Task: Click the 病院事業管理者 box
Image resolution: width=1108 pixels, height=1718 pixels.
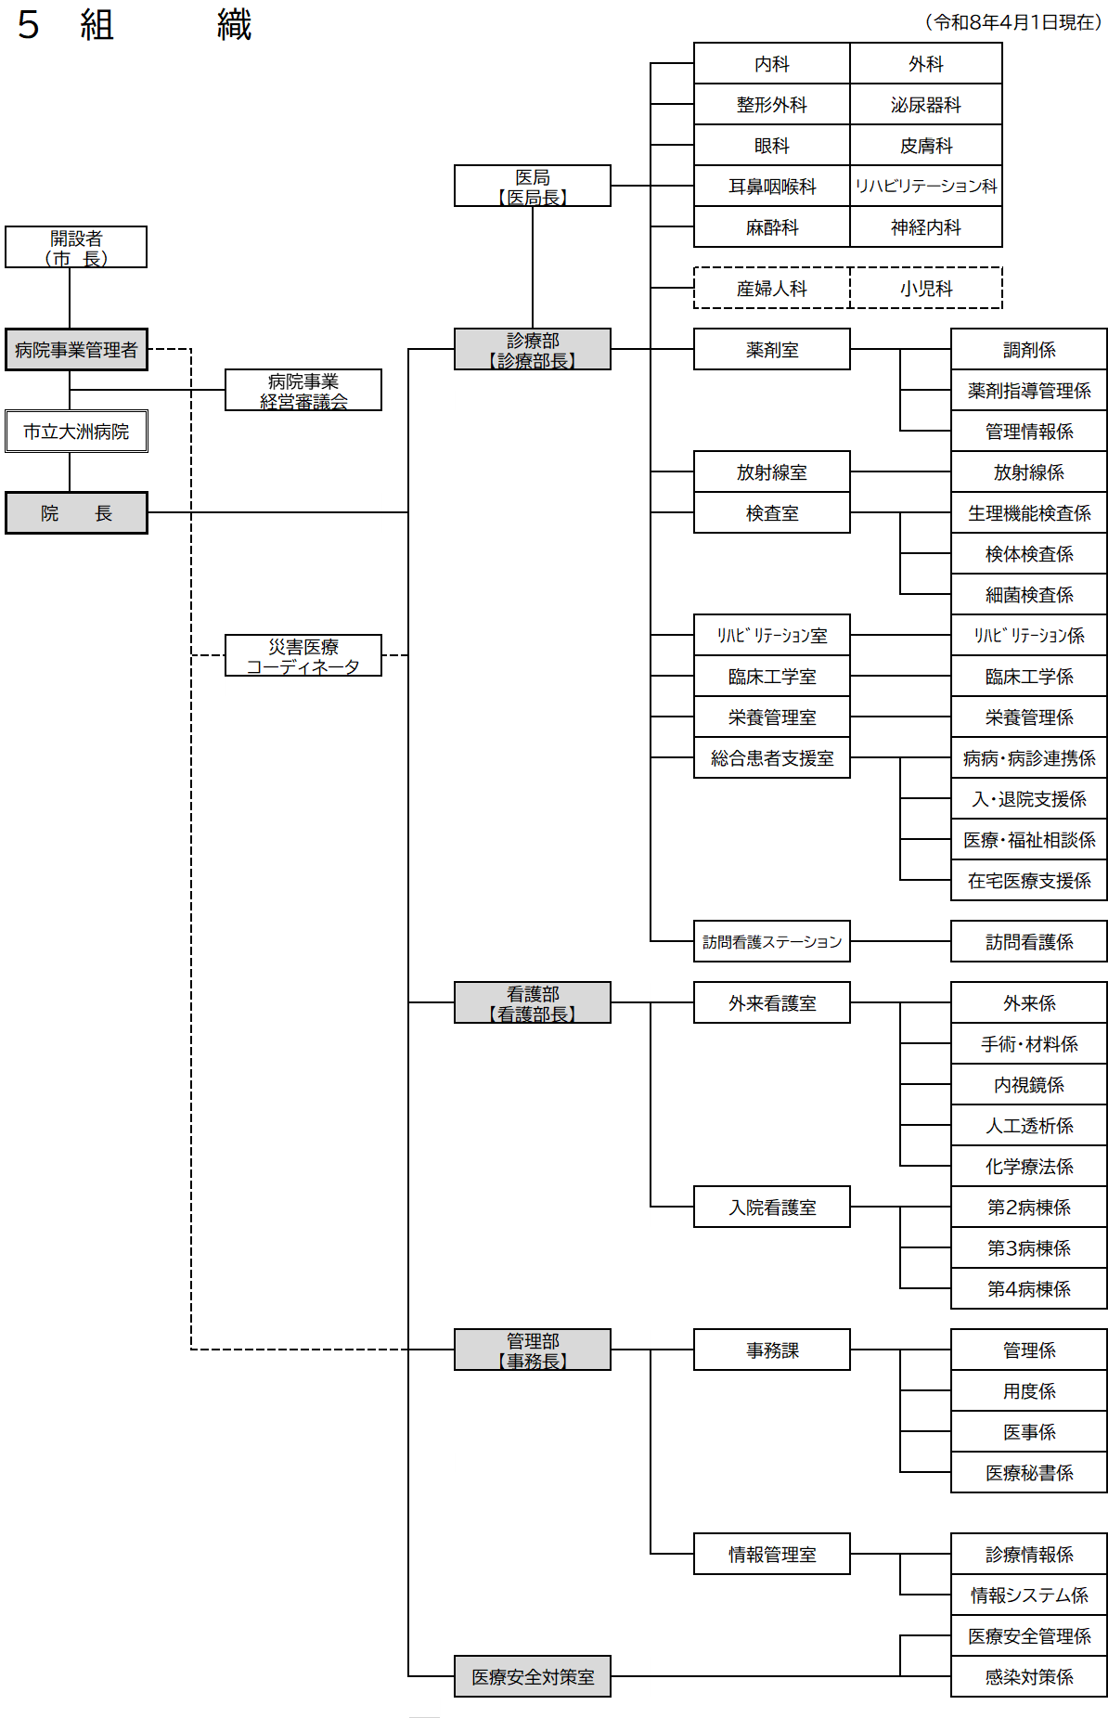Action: coord(76,349)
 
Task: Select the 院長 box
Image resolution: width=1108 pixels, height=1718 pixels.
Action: coord(76,512)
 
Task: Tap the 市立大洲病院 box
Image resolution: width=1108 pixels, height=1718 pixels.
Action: coord(76,431)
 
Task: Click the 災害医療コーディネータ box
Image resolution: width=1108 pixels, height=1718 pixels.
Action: coord(303,655)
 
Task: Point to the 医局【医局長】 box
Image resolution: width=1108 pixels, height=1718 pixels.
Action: coord(533,186)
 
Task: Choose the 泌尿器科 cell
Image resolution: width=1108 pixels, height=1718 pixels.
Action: coord(926,104)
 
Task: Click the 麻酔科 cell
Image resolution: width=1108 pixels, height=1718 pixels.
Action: coord(772,226)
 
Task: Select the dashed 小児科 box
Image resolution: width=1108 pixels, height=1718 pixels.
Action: coord(926,288)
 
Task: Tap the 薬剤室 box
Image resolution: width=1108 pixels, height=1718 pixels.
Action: coord(772,349)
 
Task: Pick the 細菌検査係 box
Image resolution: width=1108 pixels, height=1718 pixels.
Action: coord(1029,594)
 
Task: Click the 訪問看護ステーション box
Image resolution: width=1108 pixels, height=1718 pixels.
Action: coord(772,941)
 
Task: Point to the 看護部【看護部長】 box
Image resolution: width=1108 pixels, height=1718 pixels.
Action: coord(533,1002)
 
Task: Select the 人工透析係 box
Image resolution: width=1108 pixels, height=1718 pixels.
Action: coord(1029,1125)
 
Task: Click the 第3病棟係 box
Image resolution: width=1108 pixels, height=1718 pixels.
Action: coord(1029,1247)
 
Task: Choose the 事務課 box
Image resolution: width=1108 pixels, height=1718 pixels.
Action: coord(772,1350)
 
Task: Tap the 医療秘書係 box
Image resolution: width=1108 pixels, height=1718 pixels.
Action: coord(1029,1472)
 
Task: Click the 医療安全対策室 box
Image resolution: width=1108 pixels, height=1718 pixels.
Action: coord(533,1676)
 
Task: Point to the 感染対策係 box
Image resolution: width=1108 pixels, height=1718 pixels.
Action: coord(1029,1676)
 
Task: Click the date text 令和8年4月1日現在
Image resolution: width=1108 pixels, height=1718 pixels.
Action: coord(1016,22)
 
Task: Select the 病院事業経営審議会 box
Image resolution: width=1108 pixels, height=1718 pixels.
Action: coord(303,390)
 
